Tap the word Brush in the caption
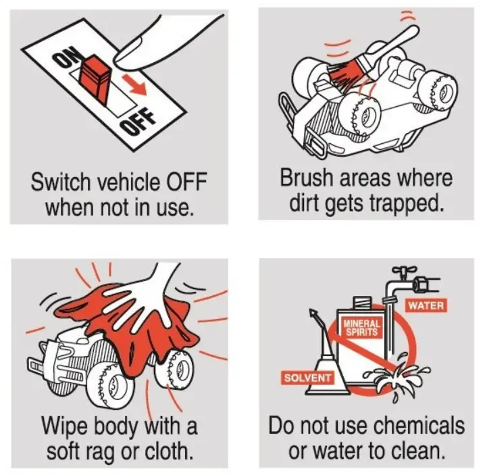tap(305, 180)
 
